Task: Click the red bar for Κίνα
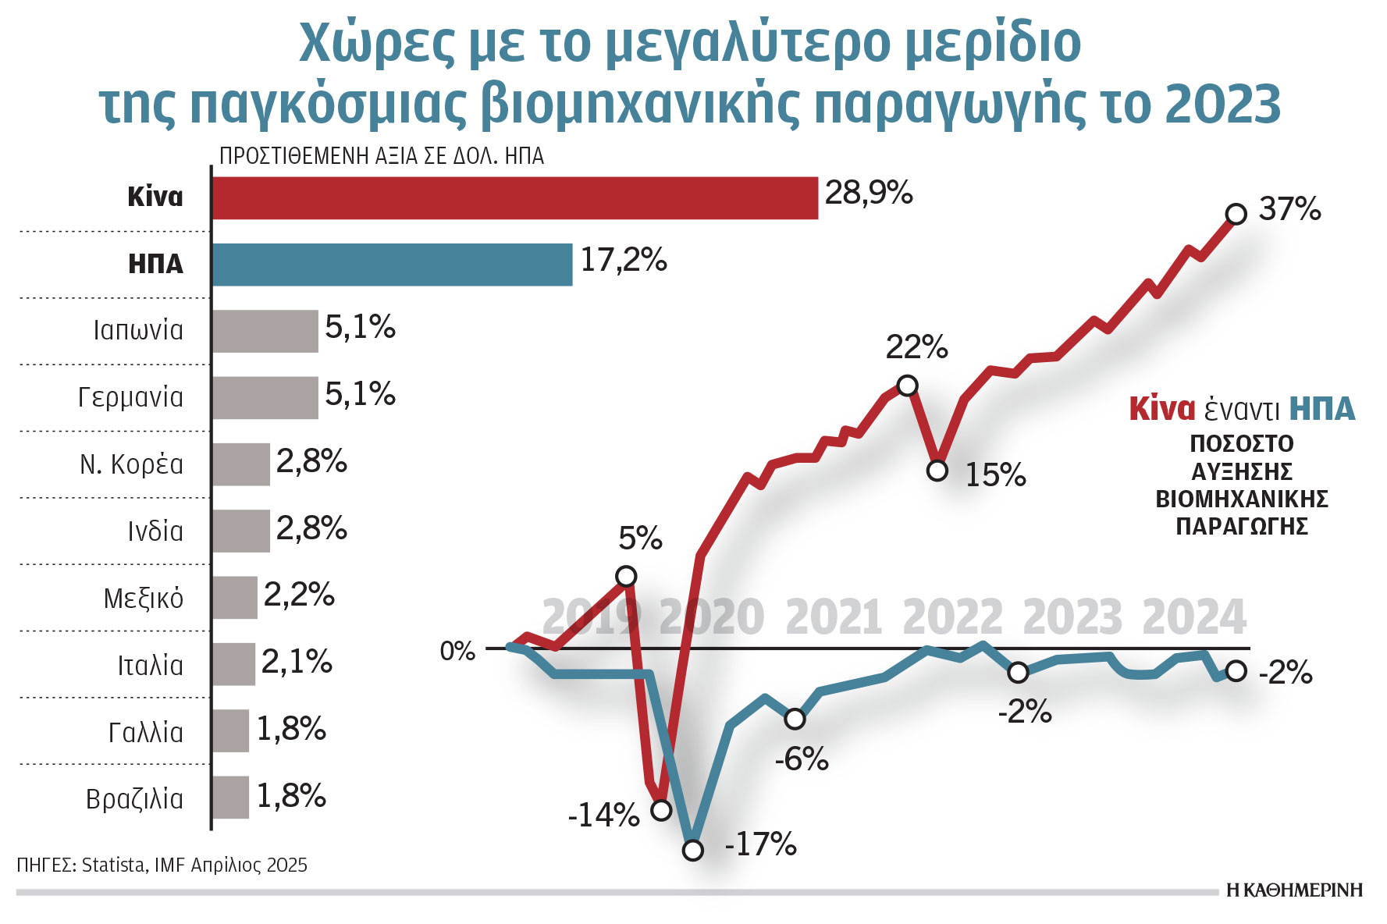coord(515,198)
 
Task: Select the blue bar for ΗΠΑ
coord(392,265)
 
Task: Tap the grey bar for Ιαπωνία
coord(265,331)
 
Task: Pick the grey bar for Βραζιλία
coord(230,798)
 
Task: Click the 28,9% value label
coord(868,193)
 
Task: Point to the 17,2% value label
coord(623,260)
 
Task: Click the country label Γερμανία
coord(130,397)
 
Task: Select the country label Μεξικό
coord(143,599)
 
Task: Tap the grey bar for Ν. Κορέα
coord(240,464)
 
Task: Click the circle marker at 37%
coord(1236,214)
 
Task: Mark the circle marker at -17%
coord(692,850)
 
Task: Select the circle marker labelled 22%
coord(907,386)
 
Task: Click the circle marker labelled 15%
coord(937,471)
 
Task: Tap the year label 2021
coord(833,617)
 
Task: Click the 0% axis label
coord(457,651)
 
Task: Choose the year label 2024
coord(1193,617)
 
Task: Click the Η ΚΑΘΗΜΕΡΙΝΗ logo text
coord(1294,890)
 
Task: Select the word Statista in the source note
coord(114,865)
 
